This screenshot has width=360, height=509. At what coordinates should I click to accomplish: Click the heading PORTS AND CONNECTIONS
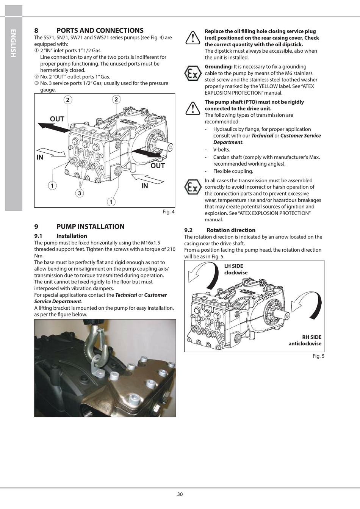point(100,30)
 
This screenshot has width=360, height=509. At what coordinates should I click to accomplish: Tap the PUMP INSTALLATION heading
point(91,227)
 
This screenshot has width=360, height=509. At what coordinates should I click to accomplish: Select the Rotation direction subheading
point(231,230)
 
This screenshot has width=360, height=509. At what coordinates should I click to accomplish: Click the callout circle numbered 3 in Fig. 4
point(80,193)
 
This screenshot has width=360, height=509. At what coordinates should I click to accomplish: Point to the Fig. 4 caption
point(169,212)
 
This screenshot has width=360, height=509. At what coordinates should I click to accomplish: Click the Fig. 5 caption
point(318,356)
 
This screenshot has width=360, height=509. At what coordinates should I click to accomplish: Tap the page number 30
point(180,494)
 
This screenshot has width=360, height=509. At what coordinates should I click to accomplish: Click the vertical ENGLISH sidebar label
point(13,43)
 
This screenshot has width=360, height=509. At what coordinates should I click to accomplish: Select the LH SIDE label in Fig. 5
point(233,266)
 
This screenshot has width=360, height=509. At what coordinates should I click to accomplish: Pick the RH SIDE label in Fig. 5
point(311,337)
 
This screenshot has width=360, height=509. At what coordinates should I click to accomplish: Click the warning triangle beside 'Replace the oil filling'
point(193,38)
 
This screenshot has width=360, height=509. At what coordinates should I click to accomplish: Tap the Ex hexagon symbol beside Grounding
point(193,73)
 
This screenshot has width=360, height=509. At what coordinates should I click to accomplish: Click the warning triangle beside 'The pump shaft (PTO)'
point(193,108)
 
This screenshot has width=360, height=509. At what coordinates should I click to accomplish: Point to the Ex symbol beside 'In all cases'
point(193,187)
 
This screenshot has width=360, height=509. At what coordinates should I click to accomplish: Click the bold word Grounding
point(219,67)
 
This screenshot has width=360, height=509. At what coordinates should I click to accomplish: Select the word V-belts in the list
point(221,150)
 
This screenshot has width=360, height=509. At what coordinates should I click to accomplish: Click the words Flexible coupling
point(233,171)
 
